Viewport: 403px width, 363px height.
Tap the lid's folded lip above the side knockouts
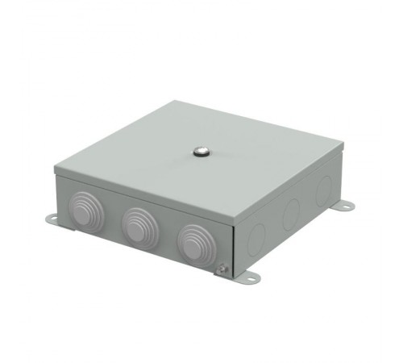290,190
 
